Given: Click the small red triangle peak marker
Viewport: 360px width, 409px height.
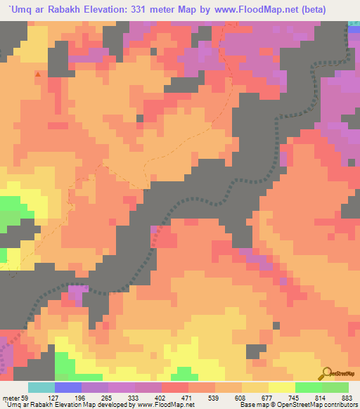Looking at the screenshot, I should [x=37, y=73].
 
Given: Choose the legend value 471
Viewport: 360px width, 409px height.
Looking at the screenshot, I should [x=188, y=398].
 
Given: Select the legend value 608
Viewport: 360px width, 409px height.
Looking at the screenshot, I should [x=242, y=398].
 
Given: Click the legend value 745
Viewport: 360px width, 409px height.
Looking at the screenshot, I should [x=295, y=398].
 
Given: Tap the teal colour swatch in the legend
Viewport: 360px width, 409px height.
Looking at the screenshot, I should [x=41, y=388].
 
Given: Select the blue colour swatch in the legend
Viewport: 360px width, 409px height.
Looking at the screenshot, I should [x=67, y=388].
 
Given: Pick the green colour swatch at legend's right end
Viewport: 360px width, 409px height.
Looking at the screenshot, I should [x=335, y=388].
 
